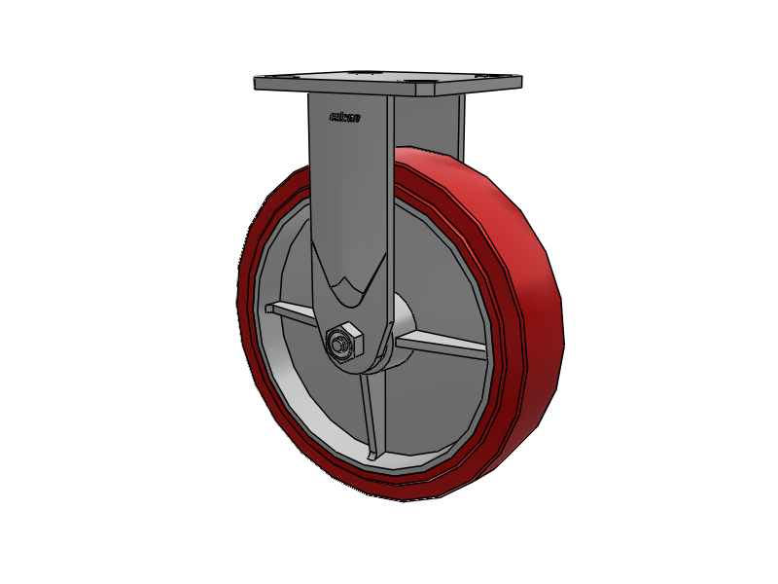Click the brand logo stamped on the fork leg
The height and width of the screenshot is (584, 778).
click(345, 118)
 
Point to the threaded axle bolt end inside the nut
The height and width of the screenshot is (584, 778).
click(339, 345)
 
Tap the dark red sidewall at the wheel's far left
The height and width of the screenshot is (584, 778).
click(243, 292)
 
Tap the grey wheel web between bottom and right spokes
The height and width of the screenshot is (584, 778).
click(428, 409)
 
